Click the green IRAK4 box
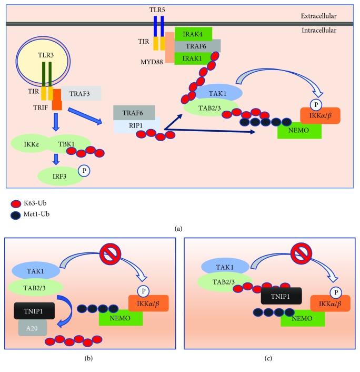click(193, 34)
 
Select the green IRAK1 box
click(193, 58)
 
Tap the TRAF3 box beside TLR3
click(81, 93)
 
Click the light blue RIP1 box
click(137, 126)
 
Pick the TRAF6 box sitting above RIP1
click(134, 113)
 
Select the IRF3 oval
click(60, 176)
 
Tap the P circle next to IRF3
click(84, 171)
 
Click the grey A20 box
click(33, 328)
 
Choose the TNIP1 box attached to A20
click(34, 311)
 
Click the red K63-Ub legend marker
click(16, 203)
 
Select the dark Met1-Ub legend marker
click(16, 215)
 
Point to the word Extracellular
click(318, 16)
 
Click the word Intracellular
click(319, 30)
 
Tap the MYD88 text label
click(152, 62)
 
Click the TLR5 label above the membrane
click(157, 9)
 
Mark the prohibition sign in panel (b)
click(111, 254)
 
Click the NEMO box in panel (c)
click(303, 318)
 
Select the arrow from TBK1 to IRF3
click(56, 159)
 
